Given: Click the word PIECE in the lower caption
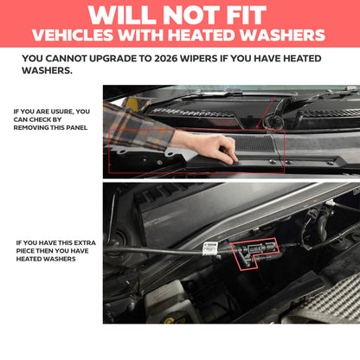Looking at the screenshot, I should coord(27,251).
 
